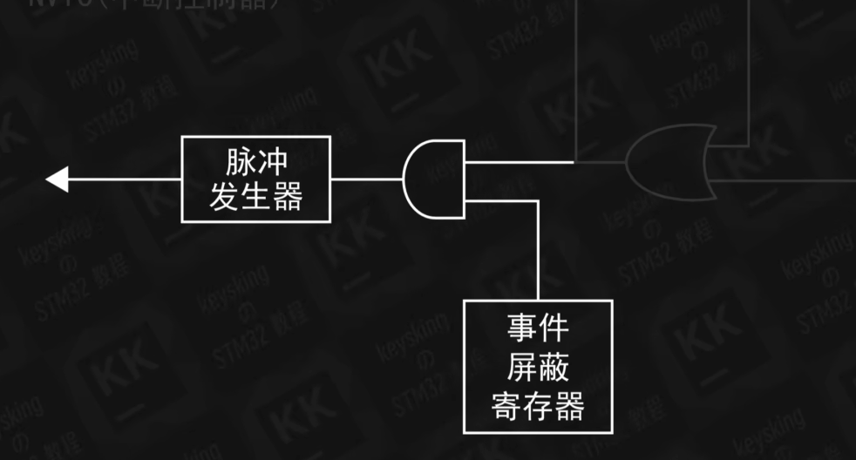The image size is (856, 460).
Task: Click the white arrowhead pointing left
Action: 57,179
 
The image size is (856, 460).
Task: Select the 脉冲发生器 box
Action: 256,179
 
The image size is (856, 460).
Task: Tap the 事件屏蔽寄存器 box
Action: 537,367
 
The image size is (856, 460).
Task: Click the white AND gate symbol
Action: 433,179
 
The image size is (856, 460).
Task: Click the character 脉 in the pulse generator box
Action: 240,163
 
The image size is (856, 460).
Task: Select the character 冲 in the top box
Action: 273,163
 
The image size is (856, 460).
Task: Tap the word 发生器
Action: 256,197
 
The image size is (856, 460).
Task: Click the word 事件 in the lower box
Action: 537,329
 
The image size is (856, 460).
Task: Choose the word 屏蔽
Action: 537,368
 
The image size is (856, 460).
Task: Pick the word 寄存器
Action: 537,405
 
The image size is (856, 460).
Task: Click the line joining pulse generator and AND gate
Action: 367,179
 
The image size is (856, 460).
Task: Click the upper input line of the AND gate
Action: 520,161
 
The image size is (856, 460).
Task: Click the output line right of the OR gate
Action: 785,179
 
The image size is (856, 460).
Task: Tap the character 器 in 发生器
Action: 288,197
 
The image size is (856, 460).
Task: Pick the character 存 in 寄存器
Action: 537,405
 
